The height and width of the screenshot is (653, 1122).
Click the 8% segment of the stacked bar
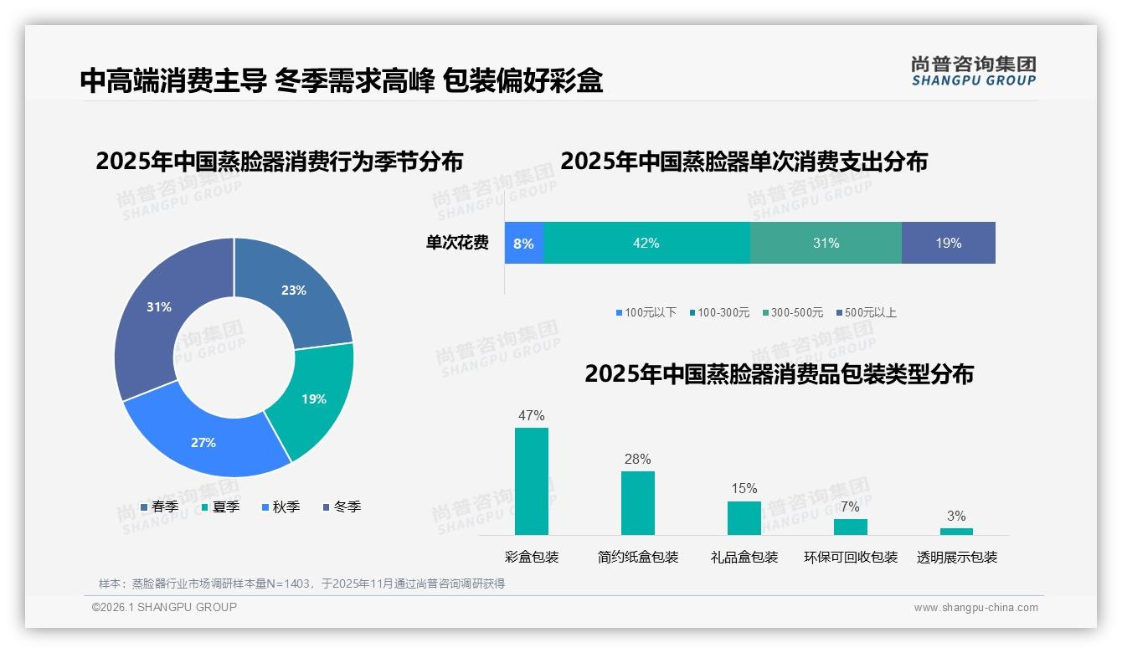click(x=524, y=243)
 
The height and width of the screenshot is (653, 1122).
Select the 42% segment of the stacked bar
click(x=646, y=243)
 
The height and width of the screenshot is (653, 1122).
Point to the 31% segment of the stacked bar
click(x=826, y=243)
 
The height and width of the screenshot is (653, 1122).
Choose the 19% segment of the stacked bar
click(x=948, y=243)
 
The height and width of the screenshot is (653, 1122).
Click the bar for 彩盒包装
click(x=532, y=481)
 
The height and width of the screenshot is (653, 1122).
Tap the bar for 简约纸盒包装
click(x=638, y=502)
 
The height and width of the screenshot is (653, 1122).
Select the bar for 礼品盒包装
click(x=744, y=517)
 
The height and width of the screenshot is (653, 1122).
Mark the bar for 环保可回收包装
click(x=851, y=527)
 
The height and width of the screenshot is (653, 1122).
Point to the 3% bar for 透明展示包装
click(x=956, y=532)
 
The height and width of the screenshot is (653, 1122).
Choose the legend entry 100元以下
click(x=646, y=312)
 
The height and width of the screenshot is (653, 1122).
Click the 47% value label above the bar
click(x=532, y=415)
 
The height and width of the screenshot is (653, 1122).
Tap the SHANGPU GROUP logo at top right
click(x=973, y=71)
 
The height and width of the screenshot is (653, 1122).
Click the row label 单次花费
click(x=457, y=243)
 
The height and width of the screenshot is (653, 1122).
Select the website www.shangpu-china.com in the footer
click(x=975, y=607)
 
